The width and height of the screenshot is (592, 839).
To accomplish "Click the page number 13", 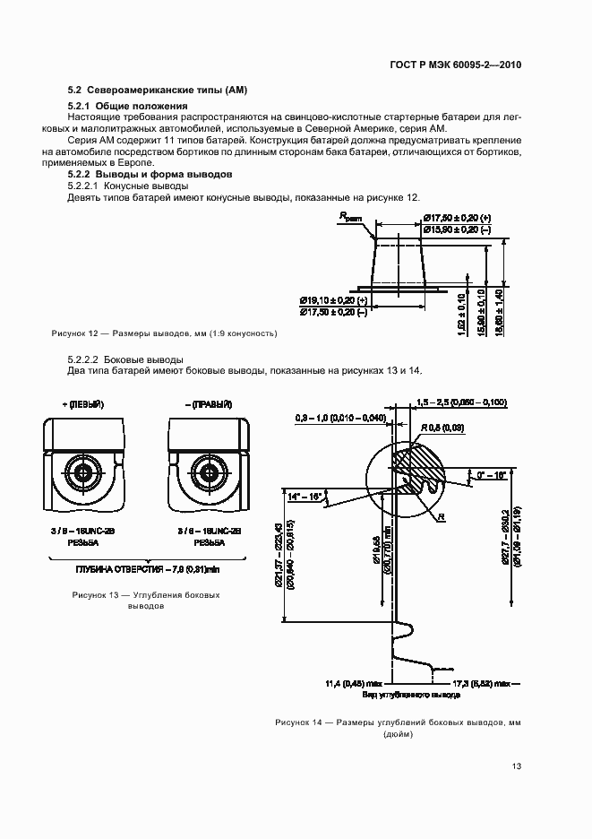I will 517,765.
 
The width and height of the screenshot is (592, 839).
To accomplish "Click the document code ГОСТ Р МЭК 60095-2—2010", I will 455,65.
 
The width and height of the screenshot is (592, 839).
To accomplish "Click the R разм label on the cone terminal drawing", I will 350,218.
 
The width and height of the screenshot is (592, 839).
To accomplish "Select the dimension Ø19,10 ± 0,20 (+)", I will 335,298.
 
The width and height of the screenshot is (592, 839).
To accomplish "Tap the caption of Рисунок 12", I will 164,333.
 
